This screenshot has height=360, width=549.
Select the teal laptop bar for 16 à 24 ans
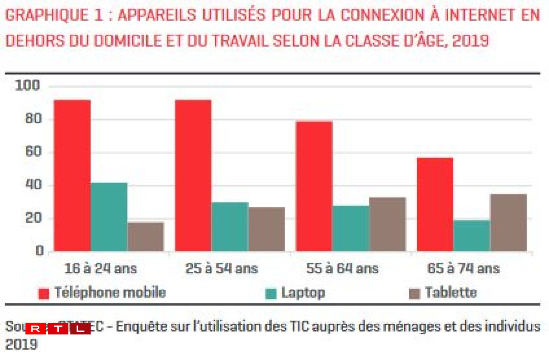[x=109, y=216]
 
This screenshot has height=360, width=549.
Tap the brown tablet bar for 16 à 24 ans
[x=146, y=236]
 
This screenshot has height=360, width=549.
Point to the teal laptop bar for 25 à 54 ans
[x=230, y=227]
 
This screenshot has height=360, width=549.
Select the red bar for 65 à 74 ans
[x=435, y=204]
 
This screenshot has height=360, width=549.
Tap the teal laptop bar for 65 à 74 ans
[x=471, y=235]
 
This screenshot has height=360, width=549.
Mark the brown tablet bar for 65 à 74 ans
[x=508, y=222]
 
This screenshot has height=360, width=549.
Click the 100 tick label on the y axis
[x=27, y=86]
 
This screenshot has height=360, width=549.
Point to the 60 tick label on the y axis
[x=33, y=152]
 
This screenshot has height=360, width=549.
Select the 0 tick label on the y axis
[x=39, y=251]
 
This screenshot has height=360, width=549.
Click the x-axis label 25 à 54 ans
[x=221, y=269]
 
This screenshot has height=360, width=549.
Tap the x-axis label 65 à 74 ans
[x=463, y=269]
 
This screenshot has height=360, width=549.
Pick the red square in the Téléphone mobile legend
[x=44, y=294]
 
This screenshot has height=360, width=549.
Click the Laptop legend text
[x=303, y=293]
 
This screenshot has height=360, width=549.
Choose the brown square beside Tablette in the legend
[x=414, y=294]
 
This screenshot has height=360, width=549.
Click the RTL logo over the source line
[x=58, y=329]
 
